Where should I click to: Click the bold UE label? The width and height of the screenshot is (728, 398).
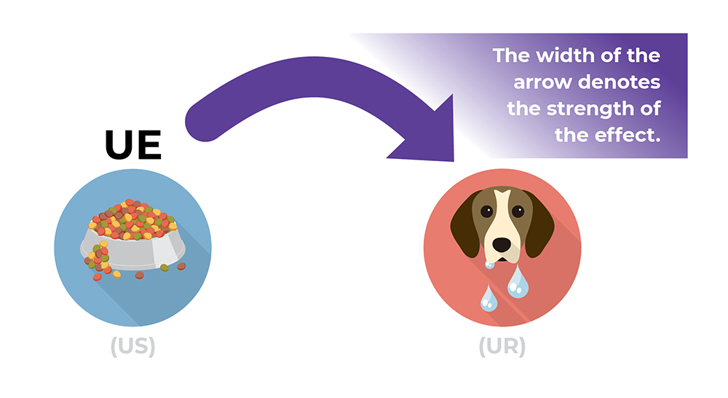click(x=132, y=145)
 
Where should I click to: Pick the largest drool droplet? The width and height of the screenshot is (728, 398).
click(x=518, y=283)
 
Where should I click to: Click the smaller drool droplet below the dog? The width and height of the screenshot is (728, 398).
click(x=486, y=298)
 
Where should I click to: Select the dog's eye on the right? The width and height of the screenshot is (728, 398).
click(x=518, y=211)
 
